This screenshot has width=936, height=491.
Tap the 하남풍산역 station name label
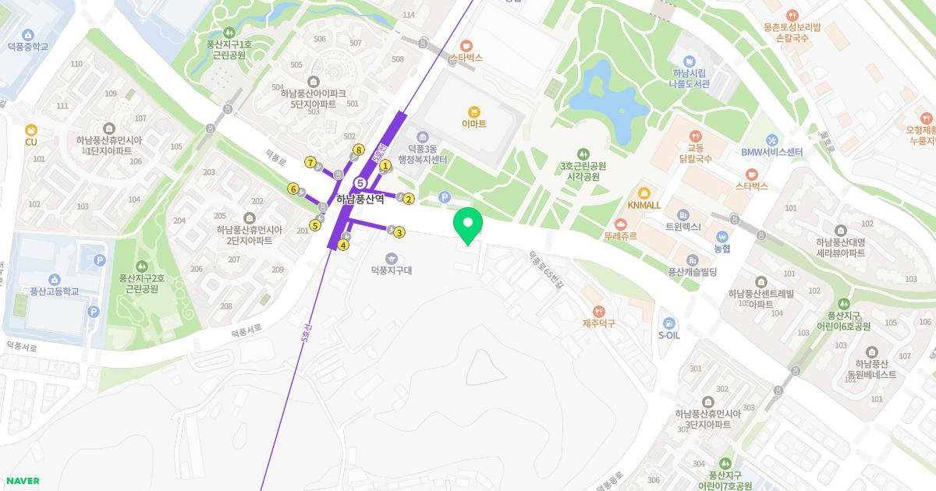[360, 200]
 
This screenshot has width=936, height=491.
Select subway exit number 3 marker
[399, 232]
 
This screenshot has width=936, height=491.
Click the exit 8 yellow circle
[359, 150]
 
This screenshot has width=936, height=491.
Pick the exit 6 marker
[293, 189]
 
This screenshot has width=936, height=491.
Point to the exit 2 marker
[409, 199]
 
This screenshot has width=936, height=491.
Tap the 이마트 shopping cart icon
[473, 112]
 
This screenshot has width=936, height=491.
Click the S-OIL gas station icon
[668, 323]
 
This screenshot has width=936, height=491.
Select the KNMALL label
[643, 205]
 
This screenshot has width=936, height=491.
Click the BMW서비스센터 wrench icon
[772, 140]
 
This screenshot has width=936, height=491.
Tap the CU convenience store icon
[31, 130]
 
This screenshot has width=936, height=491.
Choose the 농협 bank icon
[721, 237]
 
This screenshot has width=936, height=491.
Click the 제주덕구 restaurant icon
[598, 311]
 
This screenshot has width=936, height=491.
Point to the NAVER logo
[22, 481]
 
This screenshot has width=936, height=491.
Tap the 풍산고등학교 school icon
[55, 280]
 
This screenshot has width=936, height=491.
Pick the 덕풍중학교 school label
[28, 47]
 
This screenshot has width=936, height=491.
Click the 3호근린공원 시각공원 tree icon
[583, 154]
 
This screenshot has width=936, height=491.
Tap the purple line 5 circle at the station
[360, 182]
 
